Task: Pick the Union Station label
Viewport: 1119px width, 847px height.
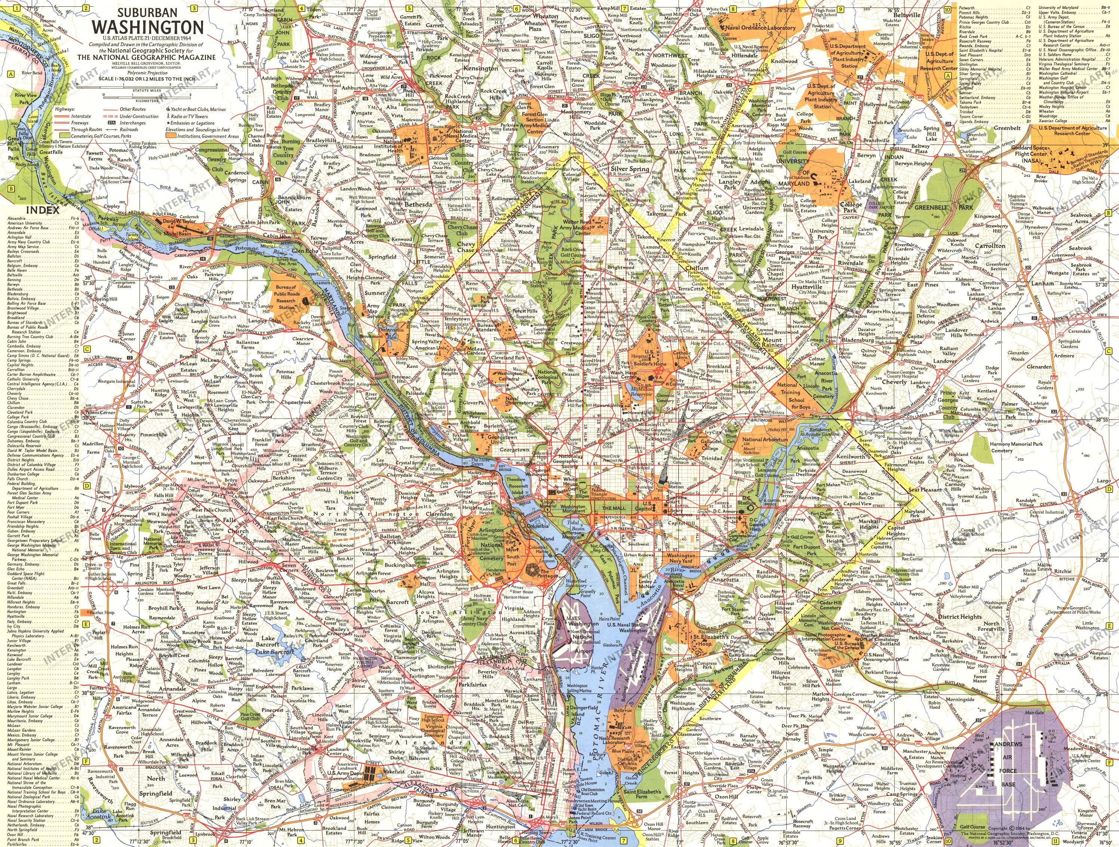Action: (675, 484)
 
